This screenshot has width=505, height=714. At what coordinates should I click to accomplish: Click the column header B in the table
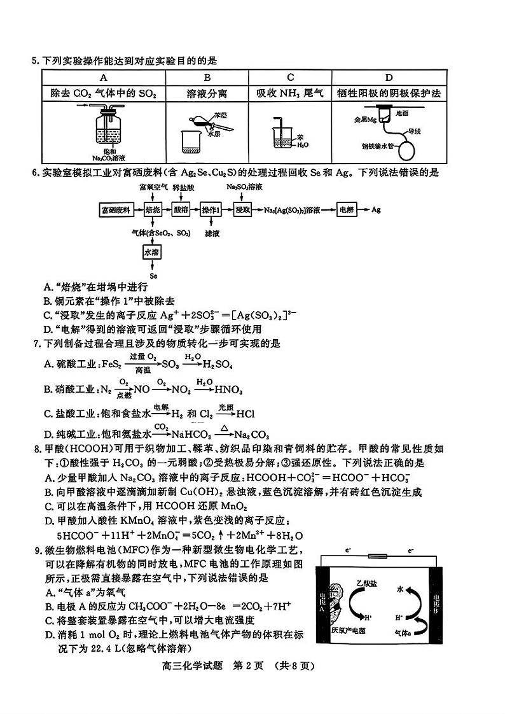[207, 78]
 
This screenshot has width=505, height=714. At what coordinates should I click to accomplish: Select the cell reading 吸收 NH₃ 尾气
[290, 94]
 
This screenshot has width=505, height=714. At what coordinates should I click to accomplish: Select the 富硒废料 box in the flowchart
[115, 209]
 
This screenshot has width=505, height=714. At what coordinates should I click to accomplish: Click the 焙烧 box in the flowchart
[151, 209]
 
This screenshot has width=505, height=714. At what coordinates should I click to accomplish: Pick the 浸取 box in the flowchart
[242, 209]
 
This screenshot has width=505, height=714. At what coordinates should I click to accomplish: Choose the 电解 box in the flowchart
[346, 209]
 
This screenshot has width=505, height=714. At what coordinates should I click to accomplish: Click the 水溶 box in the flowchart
[151, 253]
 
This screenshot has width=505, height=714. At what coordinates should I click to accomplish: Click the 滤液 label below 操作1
[212, 234]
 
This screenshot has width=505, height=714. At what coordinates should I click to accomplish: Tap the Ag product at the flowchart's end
[376, 209]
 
